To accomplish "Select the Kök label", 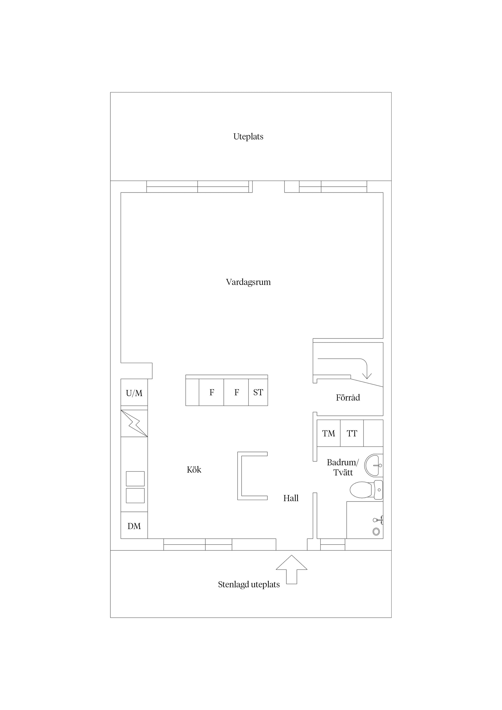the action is (194, 470).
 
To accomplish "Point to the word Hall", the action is (291, 498).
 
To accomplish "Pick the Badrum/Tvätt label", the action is (343, 467).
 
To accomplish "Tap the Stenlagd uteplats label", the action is (249, 585).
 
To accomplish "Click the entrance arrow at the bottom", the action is (291, 569).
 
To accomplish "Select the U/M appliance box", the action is (134, 392).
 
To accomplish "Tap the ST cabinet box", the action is (258, 392).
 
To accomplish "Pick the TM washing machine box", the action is (329, 433).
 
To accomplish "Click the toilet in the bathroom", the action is (366, 490).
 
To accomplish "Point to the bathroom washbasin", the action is (374, 465).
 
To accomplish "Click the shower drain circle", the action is (376, 531).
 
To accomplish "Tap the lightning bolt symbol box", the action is (134, 423).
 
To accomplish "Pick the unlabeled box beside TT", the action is (373, 433).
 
